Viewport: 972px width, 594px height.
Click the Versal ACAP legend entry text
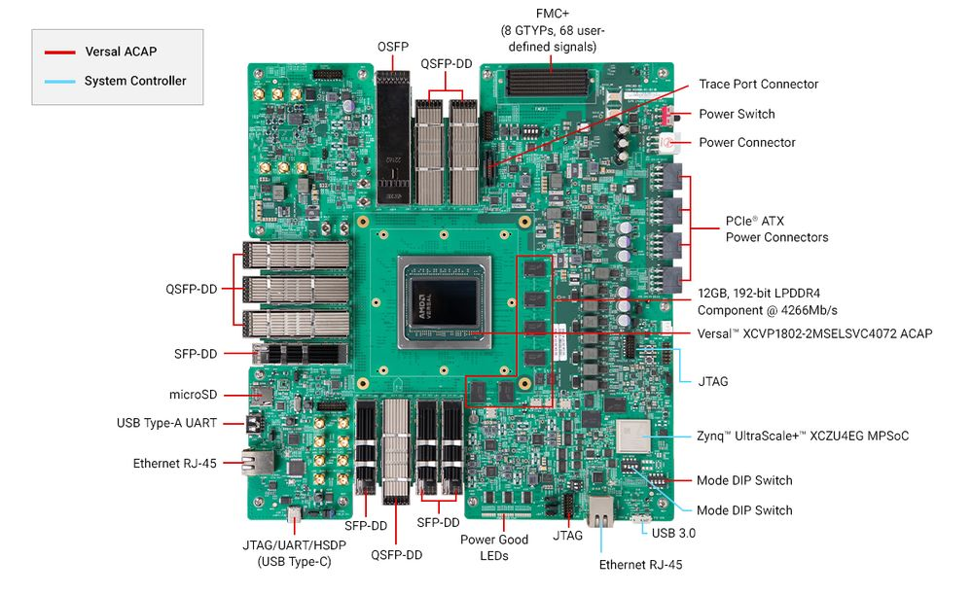click(120, 52)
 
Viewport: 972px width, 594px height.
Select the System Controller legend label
click(134, 81)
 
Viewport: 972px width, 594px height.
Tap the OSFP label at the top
click(392, 47)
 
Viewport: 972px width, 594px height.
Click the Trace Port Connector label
click(758, 85)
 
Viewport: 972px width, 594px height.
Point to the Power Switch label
click(737, 114)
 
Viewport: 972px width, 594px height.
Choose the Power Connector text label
click(746, 142)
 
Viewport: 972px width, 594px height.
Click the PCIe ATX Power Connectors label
click(776, 228)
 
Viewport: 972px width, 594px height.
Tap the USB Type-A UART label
click(165, 423)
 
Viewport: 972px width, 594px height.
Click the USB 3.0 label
click(674, 533)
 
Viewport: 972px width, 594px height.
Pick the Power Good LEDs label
click(493, 547)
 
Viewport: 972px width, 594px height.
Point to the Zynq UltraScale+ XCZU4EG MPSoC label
click(803, 436)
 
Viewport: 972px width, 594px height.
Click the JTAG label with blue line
click(713, 381)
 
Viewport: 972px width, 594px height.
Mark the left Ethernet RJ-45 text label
click(174, 464)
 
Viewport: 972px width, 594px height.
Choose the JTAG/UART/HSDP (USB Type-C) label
click(287, 553)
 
